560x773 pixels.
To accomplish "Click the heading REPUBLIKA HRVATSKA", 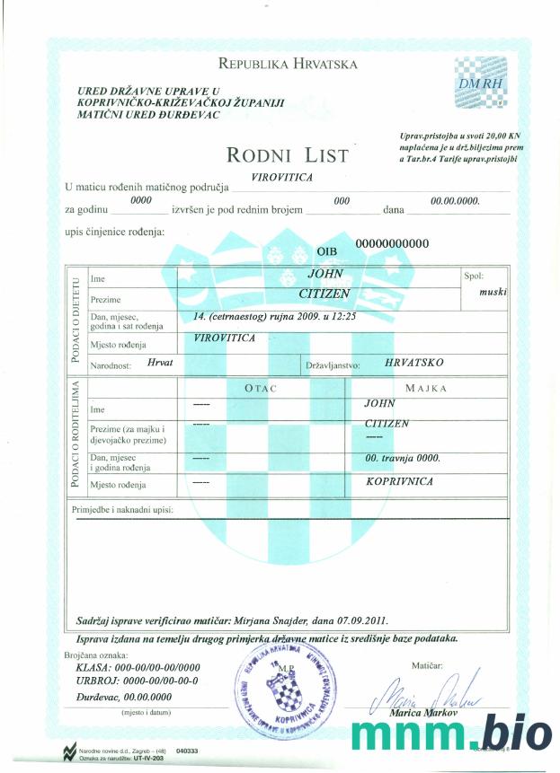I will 288,64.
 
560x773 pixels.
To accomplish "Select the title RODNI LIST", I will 288,155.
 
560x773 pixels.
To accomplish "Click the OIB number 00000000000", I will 393,243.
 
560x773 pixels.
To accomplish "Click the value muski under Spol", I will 493,293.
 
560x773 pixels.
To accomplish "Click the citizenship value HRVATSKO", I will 413,363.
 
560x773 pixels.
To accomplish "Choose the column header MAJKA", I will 426,388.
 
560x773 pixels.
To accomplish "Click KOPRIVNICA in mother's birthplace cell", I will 400,482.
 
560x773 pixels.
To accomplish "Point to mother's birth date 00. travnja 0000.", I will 402,458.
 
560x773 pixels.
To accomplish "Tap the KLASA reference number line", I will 138,668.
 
